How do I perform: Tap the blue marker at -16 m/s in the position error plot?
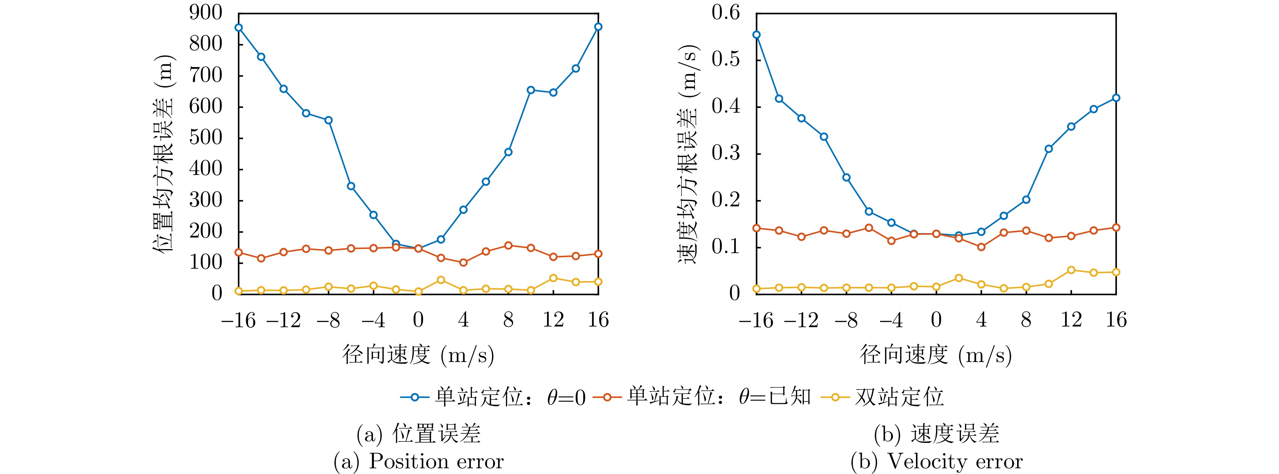239,27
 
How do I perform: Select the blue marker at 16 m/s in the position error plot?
598,27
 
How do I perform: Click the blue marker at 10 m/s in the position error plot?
531,90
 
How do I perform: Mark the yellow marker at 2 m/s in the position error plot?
441,280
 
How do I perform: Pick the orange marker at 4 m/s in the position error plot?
463,263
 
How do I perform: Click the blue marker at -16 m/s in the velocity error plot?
757,35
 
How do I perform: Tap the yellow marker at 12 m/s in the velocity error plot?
1072,270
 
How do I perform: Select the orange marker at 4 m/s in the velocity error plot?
981,247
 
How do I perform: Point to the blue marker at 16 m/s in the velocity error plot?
1116,98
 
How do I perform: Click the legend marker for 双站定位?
836,397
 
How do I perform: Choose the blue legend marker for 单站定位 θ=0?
415,397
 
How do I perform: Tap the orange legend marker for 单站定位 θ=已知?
606,397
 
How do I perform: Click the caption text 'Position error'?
436,461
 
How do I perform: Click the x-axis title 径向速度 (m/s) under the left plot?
418,355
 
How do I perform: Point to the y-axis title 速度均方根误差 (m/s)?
689,154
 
